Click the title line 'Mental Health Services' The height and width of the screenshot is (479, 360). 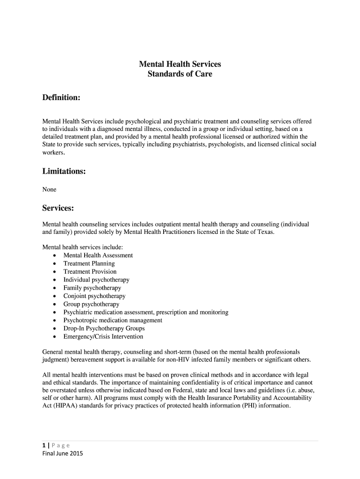point(180,64)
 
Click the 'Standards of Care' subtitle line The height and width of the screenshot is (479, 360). point(180,74)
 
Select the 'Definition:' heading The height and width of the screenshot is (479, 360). point(61,97)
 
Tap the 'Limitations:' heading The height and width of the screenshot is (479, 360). point(64,171)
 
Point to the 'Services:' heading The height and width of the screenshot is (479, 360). point(58,207)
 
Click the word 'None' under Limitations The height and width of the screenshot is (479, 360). point(49,189)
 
